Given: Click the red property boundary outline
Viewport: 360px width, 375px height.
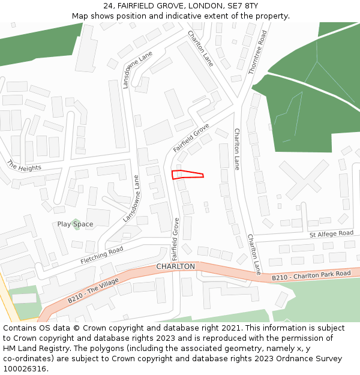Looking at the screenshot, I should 187,175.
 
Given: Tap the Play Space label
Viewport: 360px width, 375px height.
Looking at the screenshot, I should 75,224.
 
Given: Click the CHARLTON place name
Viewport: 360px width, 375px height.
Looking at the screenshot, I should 175,266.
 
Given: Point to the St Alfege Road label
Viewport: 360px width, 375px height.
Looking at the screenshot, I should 331,233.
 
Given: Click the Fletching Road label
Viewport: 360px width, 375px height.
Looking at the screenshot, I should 101,256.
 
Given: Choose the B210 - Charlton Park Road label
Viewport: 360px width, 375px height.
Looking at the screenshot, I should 311,276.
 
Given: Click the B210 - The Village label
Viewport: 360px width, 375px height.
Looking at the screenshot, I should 93,290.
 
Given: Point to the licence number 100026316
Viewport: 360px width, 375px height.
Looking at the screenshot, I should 25,369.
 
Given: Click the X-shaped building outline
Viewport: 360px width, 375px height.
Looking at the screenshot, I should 303,179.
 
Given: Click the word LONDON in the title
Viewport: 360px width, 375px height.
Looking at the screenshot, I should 205,6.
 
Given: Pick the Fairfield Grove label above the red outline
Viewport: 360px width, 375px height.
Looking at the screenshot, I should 190,138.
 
